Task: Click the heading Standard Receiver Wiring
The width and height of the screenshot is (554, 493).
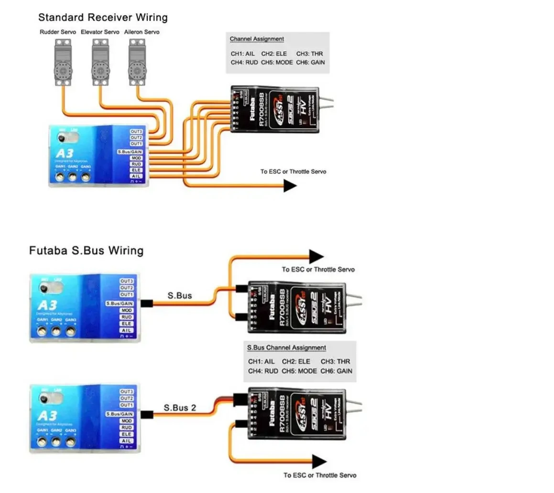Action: click(103, 18)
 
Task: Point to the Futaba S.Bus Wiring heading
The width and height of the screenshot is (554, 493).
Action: click(86, 251)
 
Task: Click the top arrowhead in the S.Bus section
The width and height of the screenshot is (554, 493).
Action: click(316, 257)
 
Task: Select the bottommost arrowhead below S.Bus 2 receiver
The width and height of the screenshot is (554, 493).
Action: click(319, 462)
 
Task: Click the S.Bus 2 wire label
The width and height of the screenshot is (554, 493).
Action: click(180, 408)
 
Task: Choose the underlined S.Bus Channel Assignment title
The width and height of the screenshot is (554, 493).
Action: click(286, 348)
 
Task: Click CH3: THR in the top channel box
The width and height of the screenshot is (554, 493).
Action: click(310, 54)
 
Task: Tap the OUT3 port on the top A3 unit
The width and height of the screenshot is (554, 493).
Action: click(136, 131)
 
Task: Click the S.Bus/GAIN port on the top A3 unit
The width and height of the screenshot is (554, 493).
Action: click(130, 152)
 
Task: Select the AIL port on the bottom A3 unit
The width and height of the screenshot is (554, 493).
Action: click(126, 441)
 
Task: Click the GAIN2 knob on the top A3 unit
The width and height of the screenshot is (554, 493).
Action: click(73, 177)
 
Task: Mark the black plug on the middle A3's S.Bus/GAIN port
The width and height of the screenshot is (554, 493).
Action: click(146, 304)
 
